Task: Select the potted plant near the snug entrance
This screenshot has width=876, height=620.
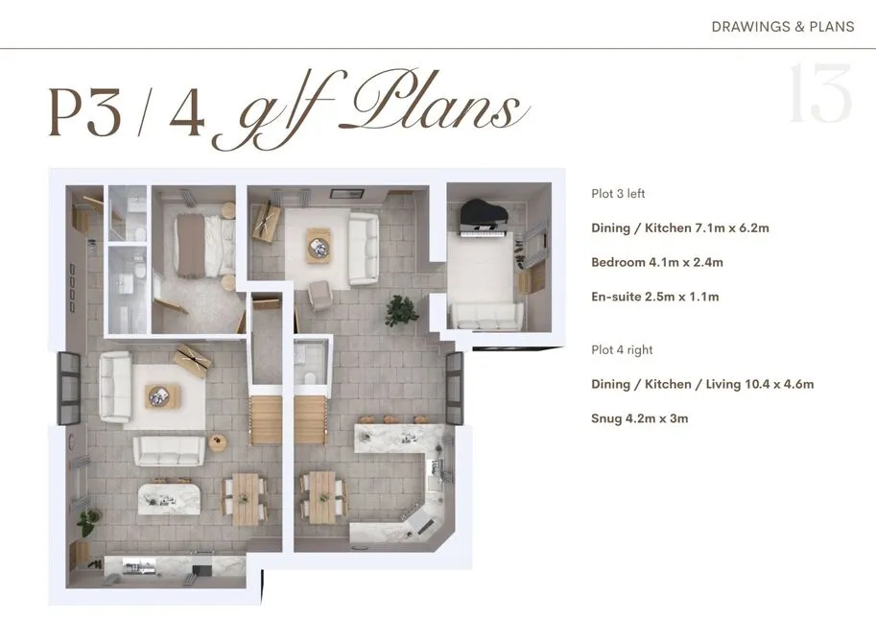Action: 401,311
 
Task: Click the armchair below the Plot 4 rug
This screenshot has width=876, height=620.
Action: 320,296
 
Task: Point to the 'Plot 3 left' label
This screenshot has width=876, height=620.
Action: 618,194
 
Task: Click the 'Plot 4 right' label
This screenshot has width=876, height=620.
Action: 622,350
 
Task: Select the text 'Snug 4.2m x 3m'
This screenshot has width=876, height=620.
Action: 640,418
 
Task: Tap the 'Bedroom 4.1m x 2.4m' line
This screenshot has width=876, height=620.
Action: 657,262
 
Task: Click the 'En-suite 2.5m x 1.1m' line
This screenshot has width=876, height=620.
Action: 654,297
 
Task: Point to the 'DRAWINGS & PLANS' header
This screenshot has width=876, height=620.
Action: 783,27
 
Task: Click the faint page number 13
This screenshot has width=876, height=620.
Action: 820,93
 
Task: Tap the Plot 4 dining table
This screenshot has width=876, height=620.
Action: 322,497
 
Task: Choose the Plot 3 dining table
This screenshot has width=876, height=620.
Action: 246,499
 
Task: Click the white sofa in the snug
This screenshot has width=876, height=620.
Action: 486,316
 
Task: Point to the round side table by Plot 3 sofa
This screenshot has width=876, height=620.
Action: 217,441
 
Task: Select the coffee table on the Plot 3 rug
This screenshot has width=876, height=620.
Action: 162,396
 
